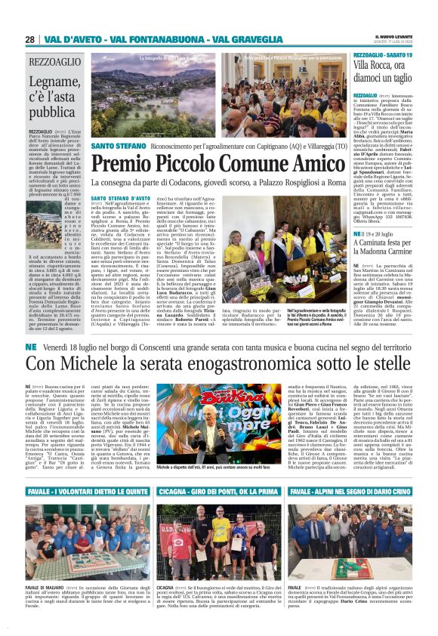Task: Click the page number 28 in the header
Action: (x=30, y=39)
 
